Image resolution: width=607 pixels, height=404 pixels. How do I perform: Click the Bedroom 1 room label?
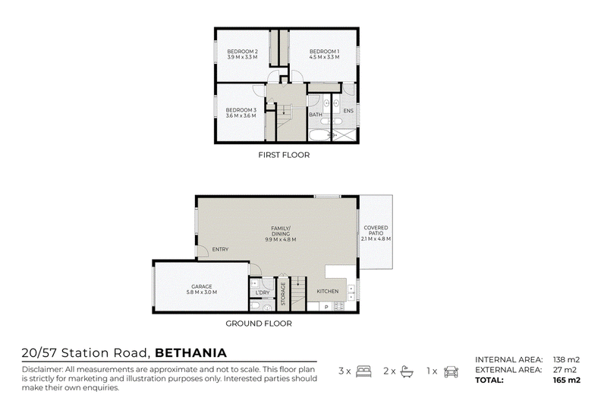[x=325, y=54]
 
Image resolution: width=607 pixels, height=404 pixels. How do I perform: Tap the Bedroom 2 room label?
[x=242, y=54]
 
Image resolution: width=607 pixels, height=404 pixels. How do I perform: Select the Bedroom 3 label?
[x=241, y=112]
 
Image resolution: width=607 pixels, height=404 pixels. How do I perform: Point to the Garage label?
[x=201, y=289]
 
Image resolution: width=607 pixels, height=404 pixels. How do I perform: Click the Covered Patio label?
[x=376, y=233]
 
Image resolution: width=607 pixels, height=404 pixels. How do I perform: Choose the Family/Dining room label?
[x=281, y=234]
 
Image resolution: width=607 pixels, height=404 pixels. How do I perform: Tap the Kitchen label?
[x=328, y=292]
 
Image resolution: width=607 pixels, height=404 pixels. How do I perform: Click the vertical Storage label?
[x=283, y=293]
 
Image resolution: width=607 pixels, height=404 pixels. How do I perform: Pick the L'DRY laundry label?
[x=263, y=292]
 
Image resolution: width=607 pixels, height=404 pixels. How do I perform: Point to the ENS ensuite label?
[x=348, y=111]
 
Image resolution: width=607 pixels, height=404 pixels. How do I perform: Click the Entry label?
[x=220, y=249]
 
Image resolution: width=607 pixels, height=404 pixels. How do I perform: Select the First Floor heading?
[x=284, y=155]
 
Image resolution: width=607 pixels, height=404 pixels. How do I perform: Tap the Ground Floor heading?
[x=259, y=324]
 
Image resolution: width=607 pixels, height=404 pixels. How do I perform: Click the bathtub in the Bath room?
[x=319, y=135]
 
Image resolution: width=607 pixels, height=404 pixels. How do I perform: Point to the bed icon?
[x=363, y=371]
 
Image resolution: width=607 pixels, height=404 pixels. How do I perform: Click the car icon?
[x=451, y=371]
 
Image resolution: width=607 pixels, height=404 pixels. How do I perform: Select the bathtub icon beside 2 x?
[x=407, y=371]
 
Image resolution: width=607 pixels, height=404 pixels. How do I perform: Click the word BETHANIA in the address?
[x=191, y=353]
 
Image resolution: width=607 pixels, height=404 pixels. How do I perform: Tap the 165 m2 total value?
[x=567, y=380]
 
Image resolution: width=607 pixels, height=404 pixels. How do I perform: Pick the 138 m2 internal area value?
[x=566, y=360]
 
